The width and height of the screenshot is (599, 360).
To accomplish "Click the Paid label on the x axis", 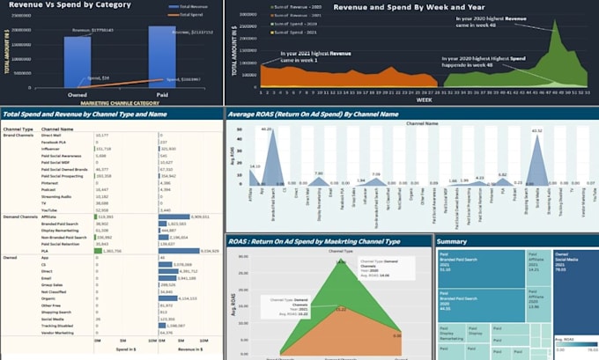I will (161, 96).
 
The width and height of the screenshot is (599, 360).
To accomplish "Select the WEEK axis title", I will (424, 100).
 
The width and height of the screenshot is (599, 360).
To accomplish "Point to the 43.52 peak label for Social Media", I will (536, 132).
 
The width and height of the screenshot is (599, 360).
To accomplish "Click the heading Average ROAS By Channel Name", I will (314, 114).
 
